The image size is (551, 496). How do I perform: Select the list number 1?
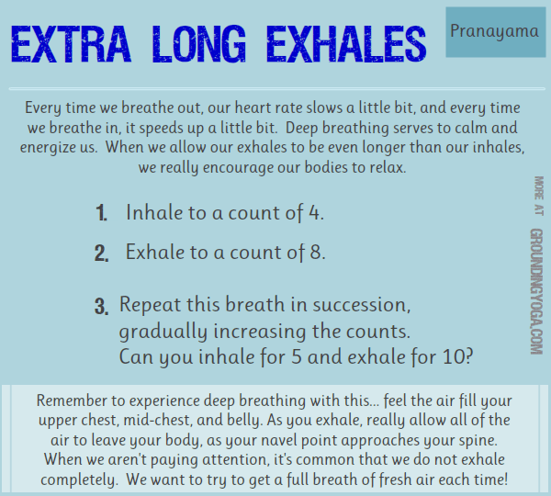click(101, 215)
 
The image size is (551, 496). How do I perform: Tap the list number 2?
click(101, 253)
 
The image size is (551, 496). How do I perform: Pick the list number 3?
click(101, 307)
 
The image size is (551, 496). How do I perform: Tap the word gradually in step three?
click(156, 331)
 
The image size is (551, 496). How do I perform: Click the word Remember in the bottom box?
click(73, 401)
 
